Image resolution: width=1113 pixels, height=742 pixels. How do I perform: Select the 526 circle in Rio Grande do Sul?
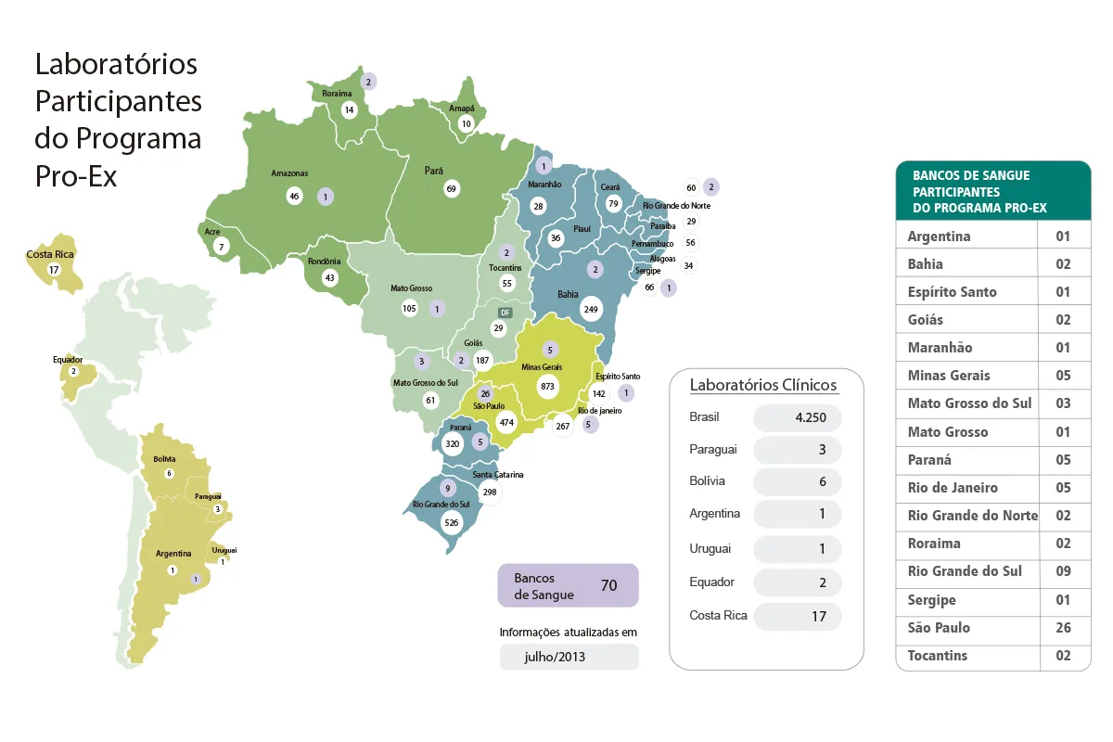452,522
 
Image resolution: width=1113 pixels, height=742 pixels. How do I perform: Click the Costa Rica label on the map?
50,253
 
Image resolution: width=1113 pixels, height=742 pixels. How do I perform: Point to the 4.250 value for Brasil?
797,417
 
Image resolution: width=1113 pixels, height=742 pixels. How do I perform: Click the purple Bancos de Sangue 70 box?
568,585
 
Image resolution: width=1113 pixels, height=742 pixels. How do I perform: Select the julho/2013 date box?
569,657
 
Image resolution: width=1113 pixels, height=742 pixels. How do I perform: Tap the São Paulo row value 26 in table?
1063,628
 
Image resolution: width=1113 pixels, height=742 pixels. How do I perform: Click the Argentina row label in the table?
939,237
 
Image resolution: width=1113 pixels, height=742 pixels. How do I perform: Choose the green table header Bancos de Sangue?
991,191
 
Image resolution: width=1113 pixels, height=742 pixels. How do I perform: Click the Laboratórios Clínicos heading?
763,385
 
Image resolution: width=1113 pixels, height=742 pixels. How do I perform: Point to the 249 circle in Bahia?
590,308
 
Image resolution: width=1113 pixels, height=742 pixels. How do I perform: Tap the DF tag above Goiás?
505,313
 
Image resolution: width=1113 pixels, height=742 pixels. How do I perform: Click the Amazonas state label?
289,173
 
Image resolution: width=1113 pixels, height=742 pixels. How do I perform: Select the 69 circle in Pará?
452,189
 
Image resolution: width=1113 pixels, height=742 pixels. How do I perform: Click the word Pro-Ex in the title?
76,176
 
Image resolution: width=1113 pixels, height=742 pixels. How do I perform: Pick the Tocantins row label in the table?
937,656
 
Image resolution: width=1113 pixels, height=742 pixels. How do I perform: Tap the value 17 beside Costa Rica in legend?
797,616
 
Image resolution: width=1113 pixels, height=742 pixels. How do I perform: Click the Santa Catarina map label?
498,475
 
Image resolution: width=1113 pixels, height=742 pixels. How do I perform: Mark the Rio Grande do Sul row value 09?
1063,571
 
